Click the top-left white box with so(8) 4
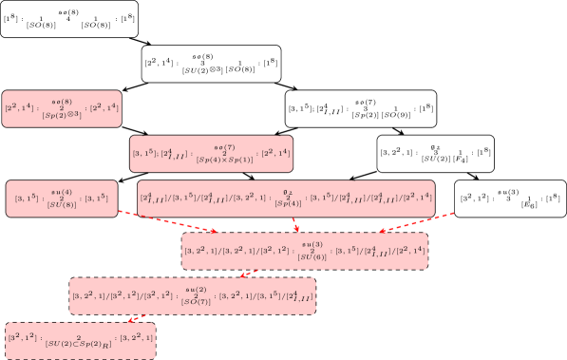coord(69,19)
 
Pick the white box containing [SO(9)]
coord(361,109)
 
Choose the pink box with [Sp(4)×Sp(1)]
coord(211,153)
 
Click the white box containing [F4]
coord(435,153)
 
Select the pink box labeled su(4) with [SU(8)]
coord(62,198)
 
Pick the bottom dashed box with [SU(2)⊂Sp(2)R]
coord(80,338)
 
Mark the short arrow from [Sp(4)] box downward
coord(296,224)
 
